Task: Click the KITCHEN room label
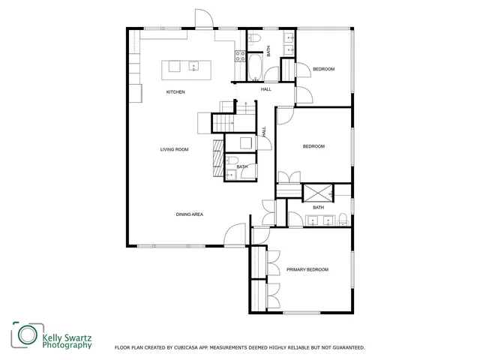point(175,92)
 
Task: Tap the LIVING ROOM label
point(174,149)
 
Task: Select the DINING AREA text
point(190,214)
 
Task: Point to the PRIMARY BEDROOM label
point(307,269)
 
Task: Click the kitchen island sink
point(193,67)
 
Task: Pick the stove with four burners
point(241,55)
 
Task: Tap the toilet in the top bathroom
point(254,37)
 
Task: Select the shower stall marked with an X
point(313,192)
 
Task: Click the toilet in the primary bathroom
point(342,219)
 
